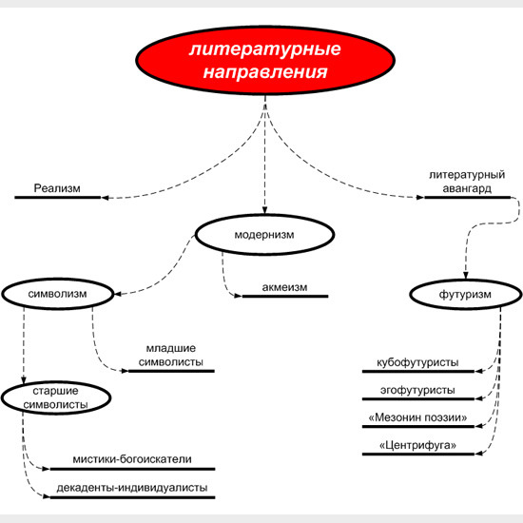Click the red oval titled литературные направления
point(265,60)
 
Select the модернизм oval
point(264,235)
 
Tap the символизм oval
point(58,294)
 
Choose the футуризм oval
point(465,295)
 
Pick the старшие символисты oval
point(56,397)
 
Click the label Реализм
point(57,188)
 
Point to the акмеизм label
point(284,287)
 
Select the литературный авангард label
point(467,182)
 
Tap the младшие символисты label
point(171,355)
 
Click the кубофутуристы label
point(417,362)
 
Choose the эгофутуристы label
point(417,390)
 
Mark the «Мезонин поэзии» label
point(417,417)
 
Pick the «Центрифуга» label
point(417,445)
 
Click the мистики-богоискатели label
point(132,459)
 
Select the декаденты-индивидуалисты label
point(132,488)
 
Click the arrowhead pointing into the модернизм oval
point(265,210)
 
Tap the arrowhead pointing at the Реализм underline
point(105,198)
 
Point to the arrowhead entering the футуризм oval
point(466,275)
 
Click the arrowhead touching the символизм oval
point(119,294)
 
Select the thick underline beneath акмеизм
point(285,296)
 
